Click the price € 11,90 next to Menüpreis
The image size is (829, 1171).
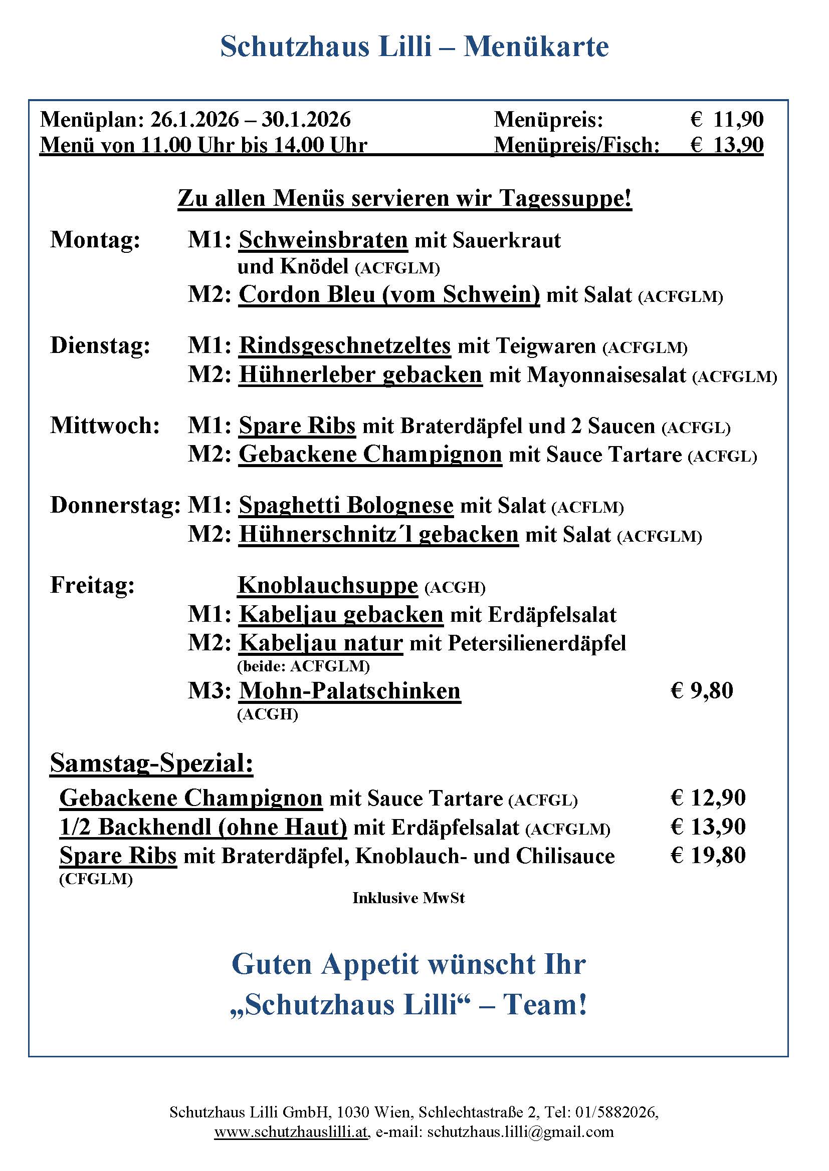point(727,120)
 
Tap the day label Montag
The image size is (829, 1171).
point(95,240)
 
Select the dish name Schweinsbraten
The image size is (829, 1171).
point(323,240)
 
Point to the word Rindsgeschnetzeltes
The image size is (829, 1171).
point(344,345)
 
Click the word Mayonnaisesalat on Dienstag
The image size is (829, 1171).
point(606,375)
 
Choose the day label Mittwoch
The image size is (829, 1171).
point(105,426)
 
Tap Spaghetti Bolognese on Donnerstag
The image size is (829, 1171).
point(346,506)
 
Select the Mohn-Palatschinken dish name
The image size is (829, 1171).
point(350,690)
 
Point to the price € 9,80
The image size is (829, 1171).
point(701,690)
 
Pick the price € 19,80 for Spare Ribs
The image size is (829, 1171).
point(708,855)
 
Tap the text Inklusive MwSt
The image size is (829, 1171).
point(408,898)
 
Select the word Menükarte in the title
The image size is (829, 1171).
point(536,47)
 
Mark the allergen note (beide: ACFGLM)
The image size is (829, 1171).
point(303,665)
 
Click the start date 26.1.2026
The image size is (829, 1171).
point(194,120)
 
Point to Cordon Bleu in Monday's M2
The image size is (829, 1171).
point(306,295)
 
